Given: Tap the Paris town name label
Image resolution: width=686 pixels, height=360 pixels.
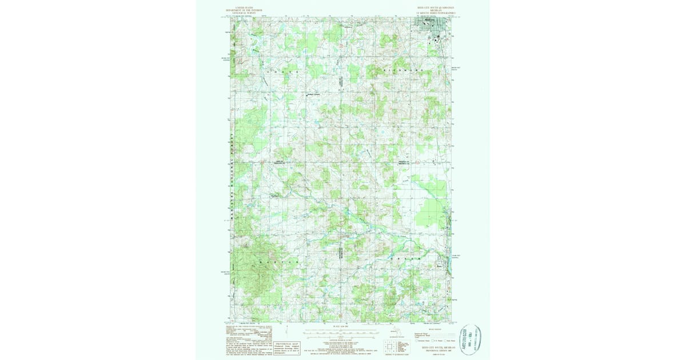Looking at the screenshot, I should (x=439, y=265).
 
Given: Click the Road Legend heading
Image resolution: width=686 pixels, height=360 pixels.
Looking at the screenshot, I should (x=434, y=330).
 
